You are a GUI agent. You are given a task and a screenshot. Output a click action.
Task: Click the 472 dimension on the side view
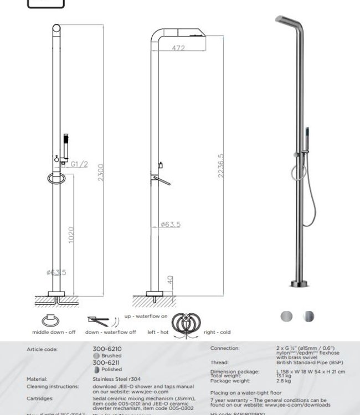point(178,48)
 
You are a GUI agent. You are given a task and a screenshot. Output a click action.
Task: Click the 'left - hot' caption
point(158,332)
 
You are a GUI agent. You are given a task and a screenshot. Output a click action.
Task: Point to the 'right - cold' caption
point(217,332)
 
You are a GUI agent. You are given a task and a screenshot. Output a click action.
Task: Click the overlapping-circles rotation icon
point(187,325)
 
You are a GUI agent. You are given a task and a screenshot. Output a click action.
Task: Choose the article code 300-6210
point(107,349)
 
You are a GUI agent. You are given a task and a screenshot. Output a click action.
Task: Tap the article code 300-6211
point(107,362)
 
